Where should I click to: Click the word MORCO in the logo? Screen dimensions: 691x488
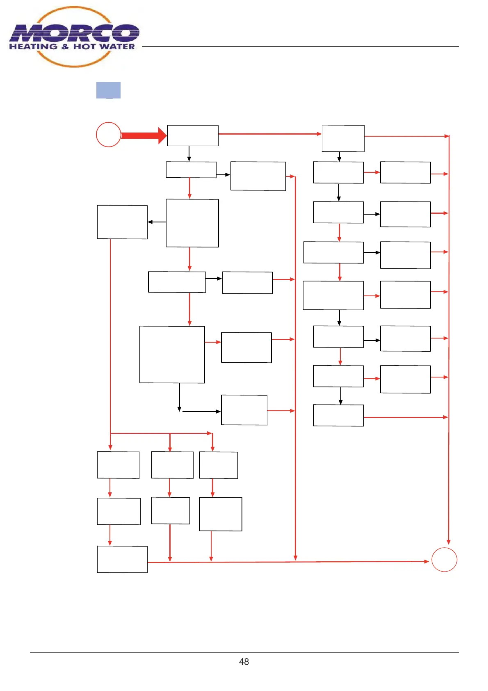pyautogui.click(x=74, y=33)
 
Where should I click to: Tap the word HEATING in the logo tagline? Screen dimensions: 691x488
pyautogui.click(x=33, y=47)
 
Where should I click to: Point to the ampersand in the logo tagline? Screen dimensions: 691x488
pyautogui.click(x=65, y=47)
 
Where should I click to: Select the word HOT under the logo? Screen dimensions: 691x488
pyautogui.click(x=84, y=47)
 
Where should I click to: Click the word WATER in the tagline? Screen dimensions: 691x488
pyautogui.click(x=117, y=47)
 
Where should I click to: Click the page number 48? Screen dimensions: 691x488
pyautogui.click(x=244, y=661)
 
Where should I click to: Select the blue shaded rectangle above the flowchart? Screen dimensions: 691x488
pyautogui.click(x=108, y=90)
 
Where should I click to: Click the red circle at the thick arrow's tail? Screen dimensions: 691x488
pyautogui.click(x=108, y=135)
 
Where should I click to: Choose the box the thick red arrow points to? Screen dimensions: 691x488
pyautogui.click(x=193, y=135)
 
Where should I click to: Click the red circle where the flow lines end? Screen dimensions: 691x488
pyautogui.click(x=444, y=560)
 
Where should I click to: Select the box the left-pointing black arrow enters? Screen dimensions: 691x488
pyautogui.click(x=122, y=222)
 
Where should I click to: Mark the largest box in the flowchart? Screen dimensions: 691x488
pyautogui.click(x=172, y=355)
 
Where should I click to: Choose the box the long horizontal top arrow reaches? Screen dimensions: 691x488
pyautogui.click(x=343, y=138)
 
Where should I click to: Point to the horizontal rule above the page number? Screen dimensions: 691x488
pyautogui.click(x=244, y=652)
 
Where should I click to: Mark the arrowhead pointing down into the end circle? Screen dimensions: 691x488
pyautogui.click(x=449, y=542)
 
